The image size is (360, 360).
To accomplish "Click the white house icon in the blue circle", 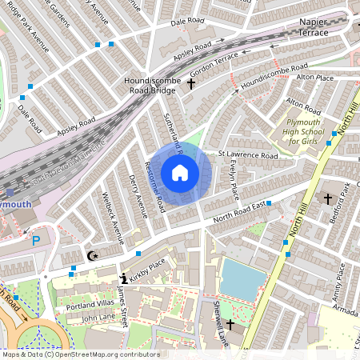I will point(180,173).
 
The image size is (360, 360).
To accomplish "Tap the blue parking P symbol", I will point(34,240).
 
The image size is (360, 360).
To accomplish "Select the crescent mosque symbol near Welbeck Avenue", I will point(93,256).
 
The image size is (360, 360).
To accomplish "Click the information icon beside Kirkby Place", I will point(122,279).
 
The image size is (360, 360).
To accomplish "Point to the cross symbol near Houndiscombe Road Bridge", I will point(191,82).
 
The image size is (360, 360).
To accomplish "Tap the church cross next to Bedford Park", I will point(327,197).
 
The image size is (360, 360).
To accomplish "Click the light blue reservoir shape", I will point(242,279).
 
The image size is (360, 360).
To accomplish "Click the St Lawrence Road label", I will point(248,154).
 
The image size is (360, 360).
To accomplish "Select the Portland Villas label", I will point(90,305).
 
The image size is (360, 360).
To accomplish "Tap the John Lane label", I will point(98,318).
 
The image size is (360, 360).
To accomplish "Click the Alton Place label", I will point(314,77).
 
